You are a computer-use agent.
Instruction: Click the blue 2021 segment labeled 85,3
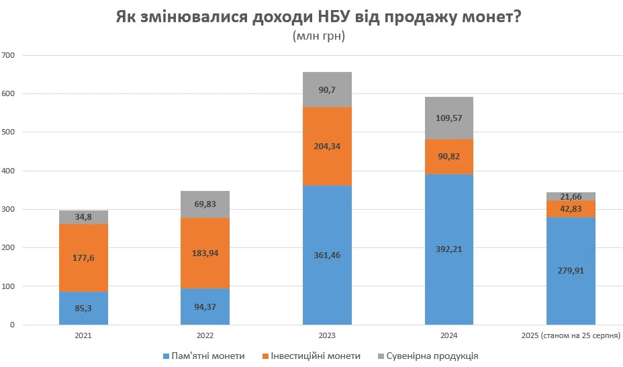pyautogui.click(x=83, y=309)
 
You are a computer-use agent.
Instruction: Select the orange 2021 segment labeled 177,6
pyautogui.click(x=83, y=258)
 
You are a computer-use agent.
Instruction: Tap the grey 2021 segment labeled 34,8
pyautogui.click(x=83, y=217)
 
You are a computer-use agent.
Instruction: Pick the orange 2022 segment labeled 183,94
pyautogui.click(x=205, y=253)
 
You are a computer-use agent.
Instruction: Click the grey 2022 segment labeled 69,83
pyautogui.click(x=205, y=204)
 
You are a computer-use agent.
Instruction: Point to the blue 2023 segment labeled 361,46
pyautogui.click(x=327, y=255)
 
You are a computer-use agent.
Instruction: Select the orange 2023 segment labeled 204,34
pyautogui.click(x=327, y=147)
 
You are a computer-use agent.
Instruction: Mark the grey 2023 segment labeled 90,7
pyautogui.click(x=327, y=89)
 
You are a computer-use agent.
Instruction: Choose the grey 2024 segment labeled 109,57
pyautogui.click(x=448, y=118)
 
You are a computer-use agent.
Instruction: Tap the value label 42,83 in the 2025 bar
pyautogui.click(x=571, y=209)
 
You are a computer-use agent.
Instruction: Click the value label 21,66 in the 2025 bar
pyautogui.click(x=571, y=196)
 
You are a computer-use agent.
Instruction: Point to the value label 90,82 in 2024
pyautogui.click(x=448, y=157)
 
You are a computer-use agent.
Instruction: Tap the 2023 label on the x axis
pyautogui.click(x=327, y=334)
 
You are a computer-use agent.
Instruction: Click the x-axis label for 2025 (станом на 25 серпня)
pyautogui.click(x=571, y=334)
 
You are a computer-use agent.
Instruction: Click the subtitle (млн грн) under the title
pyautogui.click(x=319, y=37)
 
